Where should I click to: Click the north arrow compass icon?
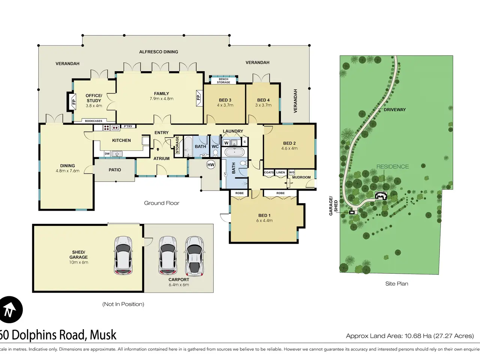tap(10, 309)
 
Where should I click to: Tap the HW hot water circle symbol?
tap(211, 165)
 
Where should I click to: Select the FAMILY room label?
tap(161, 93)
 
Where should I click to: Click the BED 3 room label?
tap(225, 100)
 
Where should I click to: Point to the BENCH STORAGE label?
tap(223, 81)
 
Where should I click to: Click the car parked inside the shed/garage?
tap(123, 255)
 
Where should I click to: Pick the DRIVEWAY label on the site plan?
tap(395, 110)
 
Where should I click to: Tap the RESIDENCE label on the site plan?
tap(393, 166)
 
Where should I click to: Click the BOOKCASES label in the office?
tap(94, 121)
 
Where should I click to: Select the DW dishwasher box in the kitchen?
tap(107, 154)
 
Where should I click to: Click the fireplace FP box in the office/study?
tap(73, 102)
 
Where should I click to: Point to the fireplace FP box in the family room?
tap(199, 98)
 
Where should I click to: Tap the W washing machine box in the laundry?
tap(226, 143)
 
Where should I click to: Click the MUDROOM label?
tap(301, 177)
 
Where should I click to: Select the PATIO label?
tap(115, 170)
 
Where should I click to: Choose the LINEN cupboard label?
tap(280, 172)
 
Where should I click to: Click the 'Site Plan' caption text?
tap(397, 284)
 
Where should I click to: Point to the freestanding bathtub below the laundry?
tap(235, 152)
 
